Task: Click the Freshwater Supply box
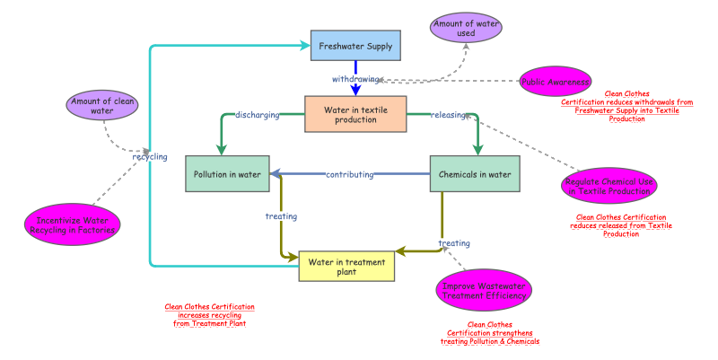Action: tap(355, 46)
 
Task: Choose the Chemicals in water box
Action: tap(475, 174)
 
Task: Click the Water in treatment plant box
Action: tap(346, 267)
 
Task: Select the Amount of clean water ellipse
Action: tap(103, 106)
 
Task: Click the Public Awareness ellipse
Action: tap(556, 83)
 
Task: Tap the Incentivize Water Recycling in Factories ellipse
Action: tap(72, 224)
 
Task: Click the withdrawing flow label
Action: tap(357, 79)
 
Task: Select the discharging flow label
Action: tap(257, 115)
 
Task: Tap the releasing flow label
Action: tap(449, 115)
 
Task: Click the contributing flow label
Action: tap(349, 174)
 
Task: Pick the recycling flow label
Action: tap(150, 157)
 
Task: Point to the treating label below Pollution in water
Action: tap(281, 215)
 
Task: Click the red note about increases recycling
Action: tap(209, 315)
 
